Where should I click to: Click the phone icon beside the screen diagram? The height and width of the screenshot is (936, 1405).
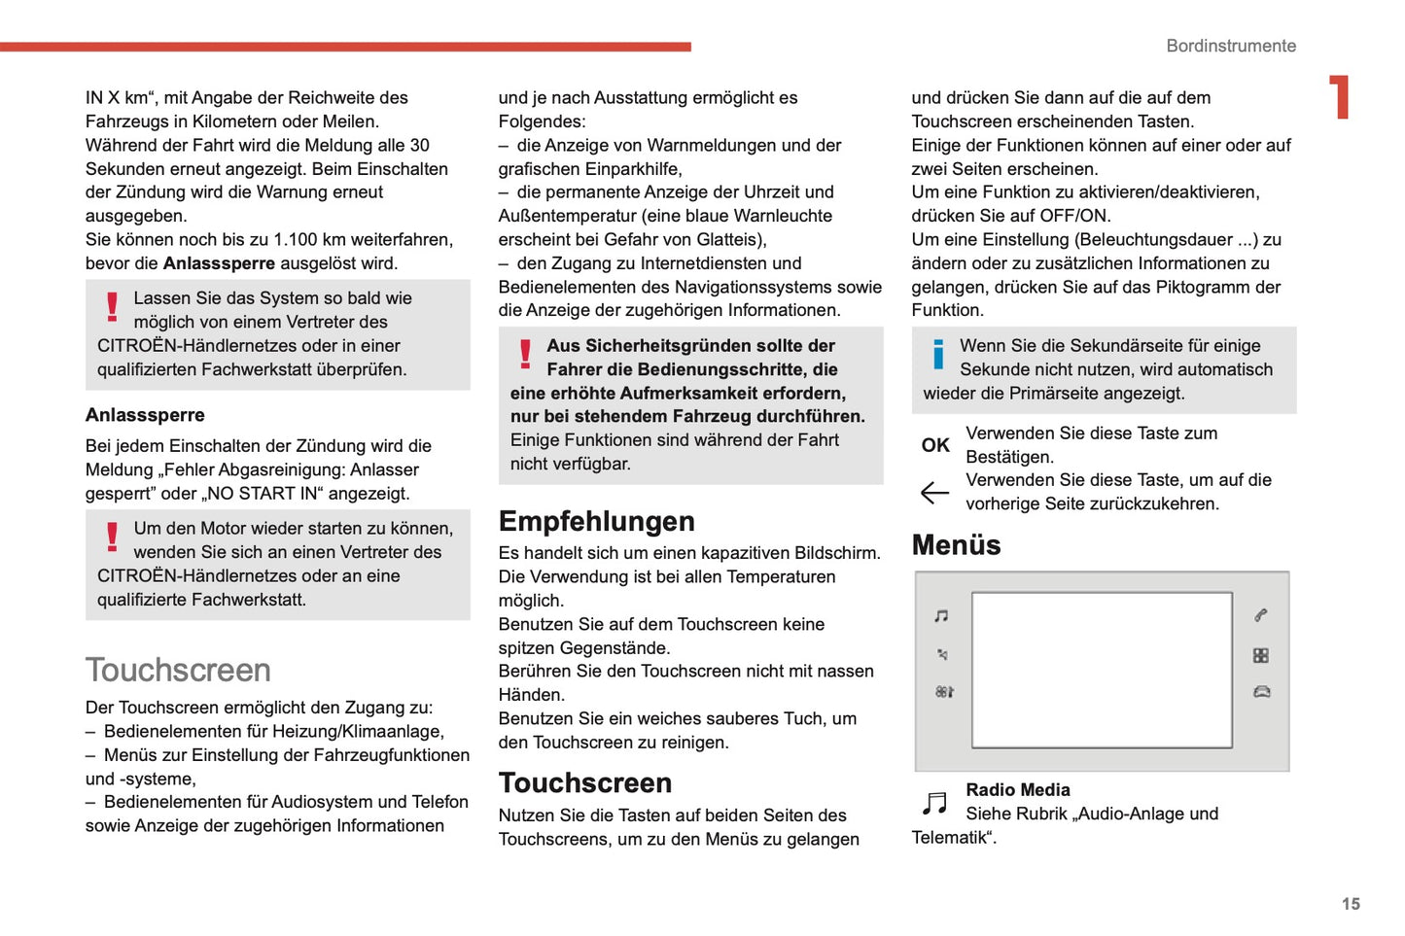click(x=1260, y=615)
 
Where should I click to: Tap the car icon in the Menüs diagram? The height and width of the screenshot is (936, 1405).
click(x=1261, y=692)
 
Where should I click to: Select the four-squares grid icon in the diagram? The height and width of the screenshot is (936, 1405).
click(x=1260, y=656)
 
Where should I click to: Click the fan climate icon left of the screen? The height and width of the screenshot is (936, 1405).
click(x=944, y=692)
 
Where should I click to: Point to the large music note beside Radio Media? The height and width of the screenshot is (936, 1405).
click(x=934, y=803)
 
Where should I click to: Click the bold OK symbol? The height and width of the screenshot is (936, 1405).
click(x=935, y=445)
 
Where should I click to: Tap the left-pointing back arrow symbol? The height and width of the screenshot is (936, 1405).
click(x=934, y=493)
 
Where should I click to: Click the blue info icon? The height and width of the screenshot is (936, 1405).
click(x=938, y=354)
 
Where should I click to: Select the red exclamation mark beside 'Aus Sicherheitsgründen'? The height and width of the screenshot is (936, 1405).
click(x=525, y=354)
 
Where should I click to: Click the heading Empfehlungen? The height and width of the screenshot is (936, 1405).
click(x=596, y=521)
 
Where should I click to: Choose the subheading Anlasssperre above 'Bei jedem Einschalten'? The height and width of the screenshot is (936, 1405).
click(x=145, y=415)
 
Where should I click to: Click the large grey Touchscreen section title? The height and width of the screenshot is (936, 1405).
click(x=178, y=670)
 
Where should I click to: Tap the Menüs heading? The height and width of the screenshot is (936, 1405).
click(x=956, y=544)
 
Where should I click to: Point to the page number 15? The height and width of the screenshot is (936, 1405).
click(x=1351, y=904)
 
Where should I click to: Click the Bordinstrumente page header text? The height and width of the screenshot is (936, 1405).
click(x=1231, y=46)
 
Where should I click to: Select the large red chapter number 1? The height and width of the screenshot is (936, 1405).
click(x=1340, y=97)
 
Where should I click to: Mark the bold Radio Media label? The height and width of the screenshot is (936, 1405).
click(x=1017, y=790)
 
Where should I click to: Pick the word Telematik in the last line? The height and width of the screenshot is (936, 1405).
click(x=950, y=838)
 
